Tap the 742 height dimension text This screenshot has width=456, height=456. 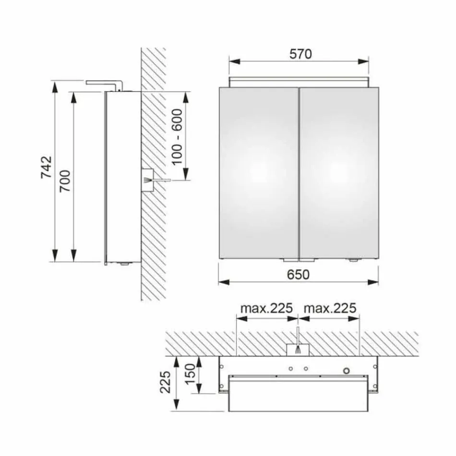click(46, 167)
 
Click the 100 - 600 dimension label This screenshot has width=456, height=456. click(177, 136)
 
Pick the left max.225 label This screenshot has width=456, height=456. click(266, 308)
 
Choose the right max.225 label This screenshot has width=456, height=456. click(330, 308)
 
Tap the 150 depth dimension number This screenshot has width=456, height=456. click(191, 374)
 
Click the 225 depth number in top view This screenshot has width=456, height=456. click(166, 382)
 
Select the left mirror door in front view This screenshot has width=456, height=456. click(258, 173)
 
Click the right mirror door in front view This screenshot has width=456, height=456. click(339, 173)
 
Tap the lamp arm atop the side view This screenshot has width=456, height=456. click(102, 84)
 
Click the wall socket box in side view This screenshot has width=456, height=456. click(147, 180)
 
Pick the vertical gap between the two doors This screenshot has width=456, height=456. click(299, 173)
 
